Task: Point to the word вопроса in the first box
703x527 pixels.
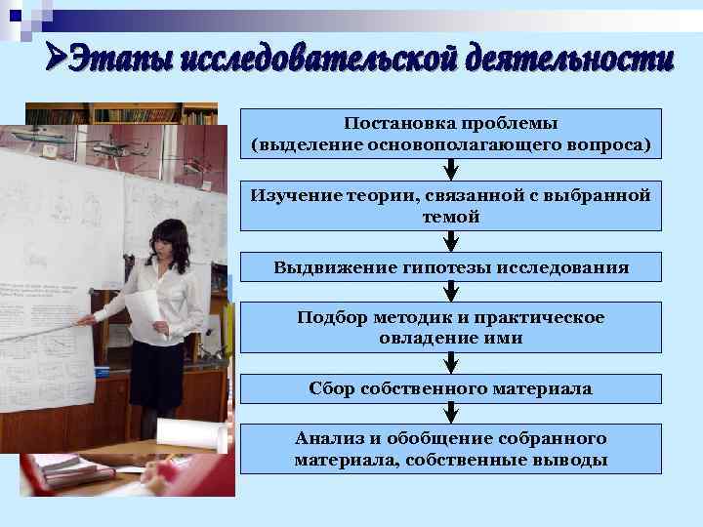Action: coord(610,144)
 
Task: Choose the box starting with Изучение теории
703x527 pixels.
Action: coord(450,205)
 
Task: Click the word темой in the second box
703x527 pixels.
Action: coord(450,217)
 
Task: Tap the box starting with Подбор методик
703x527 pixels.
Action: coord(450,327)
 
